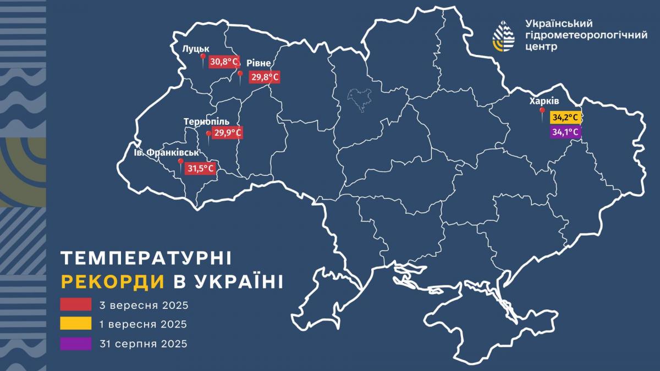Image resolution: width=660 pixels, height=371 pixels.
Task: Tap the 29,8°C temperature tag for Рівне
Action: pyautogui.click(x=265, y=77)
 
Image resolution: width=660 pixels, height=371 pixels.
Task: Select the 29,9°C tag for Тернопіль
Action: pyautogui.click(x=227, y=133)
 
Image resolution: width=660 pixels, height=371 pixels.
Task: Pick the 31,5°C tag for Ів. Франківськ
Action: pyautogui.click(x=201, y=169)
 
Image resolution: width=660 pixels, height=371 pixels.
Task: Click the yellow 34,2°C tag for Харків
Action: pyautogui.click(x=566, y=118)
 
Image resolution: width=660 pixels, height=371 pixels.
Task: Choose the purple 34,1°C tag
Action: pyautogui.click(x=566, y=132)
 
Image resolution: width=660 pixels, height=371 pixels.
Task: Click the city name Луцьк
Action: pyautogui.click(x=196, y=49)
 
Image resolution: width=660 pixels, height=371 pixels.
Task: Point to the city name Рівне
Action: pyautogui.click(x=258, y=63)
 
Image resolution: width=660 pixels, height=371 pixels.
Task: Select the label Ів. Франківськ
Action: pyautogui.click(x=166, y=152)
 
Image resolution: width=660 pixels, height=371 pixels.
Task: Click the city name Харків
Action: pyautogui.click(x=544, y=101)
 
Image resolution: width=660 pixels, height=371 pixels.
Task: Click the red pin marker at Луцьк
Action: pyautogui.click(x=202, y=58)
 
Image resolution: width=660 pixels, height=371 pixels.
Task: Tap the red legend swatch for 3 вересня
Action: pyautogui.click(x=76, y=304)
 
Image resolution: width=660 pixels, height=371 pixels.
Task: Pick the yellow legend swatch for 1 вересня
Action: pyautogui.click(x=76, y=324)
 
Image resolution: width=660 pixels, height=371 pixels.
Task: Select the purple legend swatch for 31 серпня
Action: pyautogui.click(x=76, y=344)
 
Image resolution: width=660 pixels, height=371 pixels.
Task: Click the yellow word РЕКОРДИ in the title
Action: pyautogui.click(x=113, y=282)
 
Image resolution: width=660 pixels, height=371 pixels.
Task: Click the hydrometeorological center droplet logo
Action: pyautogui.click(x=504, y=36)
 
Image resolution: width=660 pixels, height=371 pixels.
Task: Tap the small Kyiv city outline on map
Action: pyautogui.click(x=359, y=100)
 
